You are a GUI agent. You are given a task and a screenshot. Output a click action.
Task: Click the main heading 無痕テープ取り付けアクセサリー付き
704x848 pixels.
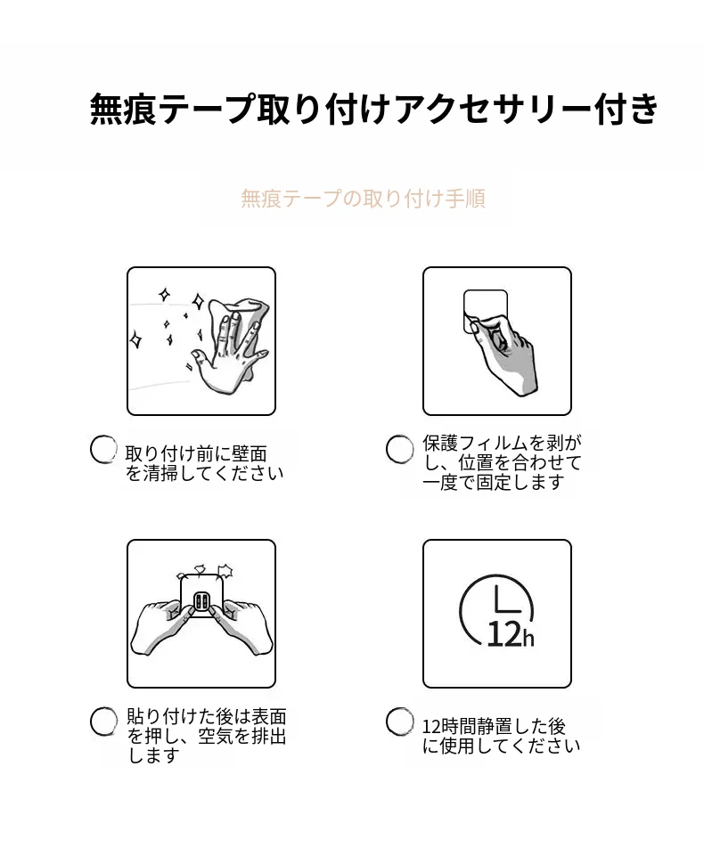coord(374,110)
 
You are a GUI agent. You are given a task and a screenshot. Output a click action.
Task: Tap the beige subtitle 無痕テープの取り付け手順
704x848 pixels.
coord(363,199)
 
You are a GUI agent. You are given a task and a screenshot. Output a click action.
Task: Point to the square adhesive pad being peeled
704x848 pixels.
coord(486,312)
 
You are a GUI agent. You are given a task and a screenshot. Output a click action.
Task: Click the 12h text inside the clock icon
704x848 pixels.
coord(511,634)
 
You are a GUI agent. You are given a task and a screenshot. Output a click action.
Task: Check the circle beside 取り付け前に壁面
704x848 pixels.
coord(103,450)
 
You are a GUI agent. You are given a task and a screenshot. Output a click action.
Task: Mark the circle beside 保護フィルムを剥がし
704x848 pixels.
coord(399,450)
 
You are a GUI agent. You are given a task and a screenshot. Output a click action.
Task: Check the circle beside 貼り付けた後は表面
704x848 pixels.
coord(103,722)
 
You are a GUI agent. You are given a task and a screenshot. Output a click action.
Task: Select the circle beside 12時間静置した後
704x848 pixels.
coord(399,722)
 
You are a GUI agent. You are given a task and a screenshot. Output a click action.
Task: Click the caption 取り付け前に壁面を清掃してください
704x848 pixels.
coord(204,463)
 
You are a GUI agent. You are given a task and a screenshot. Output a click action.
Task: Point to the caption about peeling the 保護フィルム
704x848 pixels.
coord(502,462)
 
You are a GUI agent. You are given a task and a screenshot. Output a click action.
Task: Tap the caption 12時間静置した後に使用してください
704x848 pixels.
coord(501,736)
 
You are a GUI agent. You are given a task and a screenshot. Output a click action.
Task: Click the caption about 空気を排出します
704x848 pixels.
coord(206,736)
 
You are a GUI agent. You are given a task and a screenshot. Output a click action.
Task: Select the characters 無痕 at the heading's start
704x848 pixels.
coord(123,110)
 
